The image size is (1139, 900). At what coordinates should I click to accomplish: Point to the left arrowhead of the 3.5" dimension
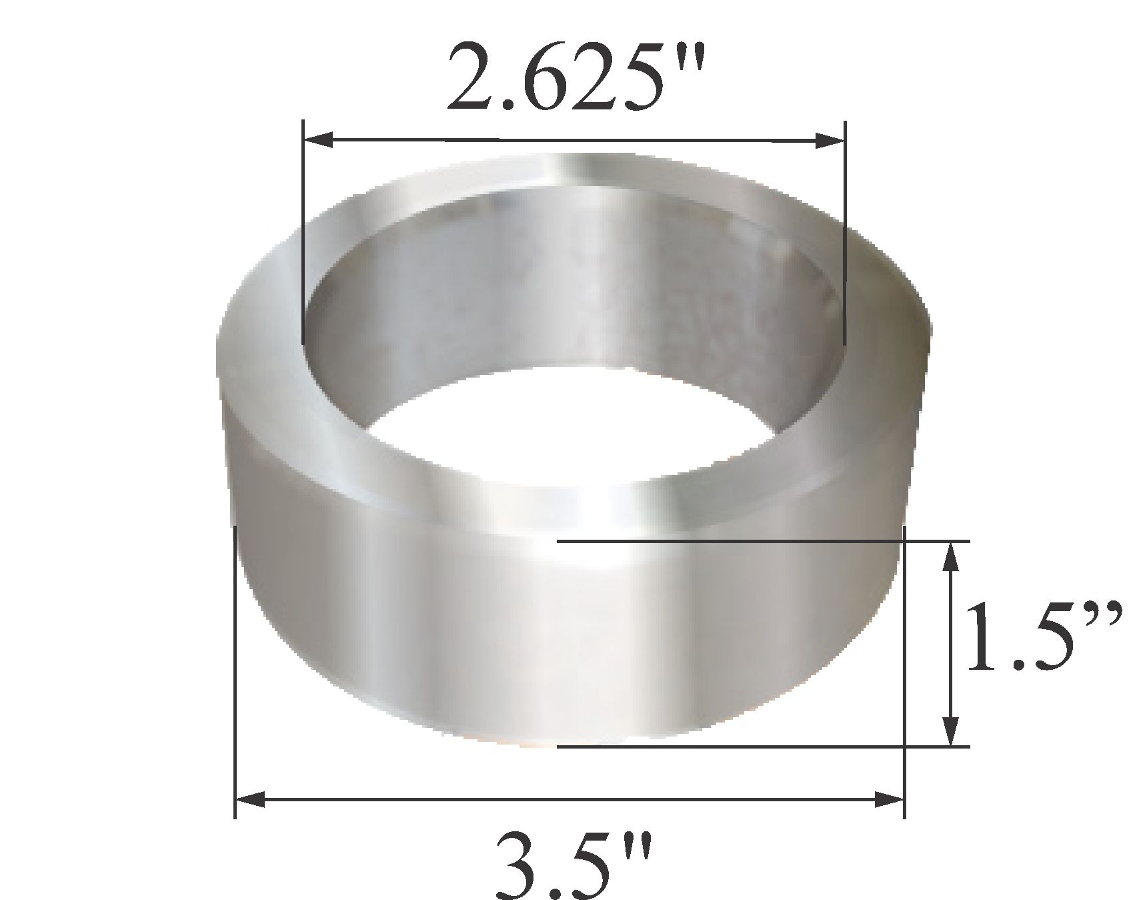[x=250, y=799]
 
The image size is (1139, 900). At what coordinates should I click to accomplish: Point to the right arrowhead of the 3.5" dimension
[x=890, y=799]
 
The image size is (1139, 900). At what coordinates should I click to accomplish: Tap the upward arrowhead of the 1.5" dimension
[x=952, y=557]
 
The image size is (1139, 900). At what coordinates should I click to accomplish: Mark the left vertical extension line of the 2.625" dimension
[x=303, y=234]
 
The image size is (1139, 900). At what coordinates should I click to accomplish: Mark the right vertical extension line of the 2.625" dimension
[x=845, y=234]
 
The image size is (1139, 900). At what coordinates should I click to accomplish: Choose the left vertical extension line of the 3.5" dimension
[x=235, y=667]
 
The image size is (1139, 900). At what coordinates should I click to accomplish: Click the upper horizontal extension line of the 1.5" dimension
[x=760, y=541]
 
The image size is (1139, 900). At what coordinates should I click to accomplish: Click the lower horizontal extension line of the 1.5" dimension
[x=760, y=747]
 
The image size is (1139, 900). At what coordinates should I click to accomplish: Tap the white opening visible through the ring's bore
[x=574, y=427]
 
